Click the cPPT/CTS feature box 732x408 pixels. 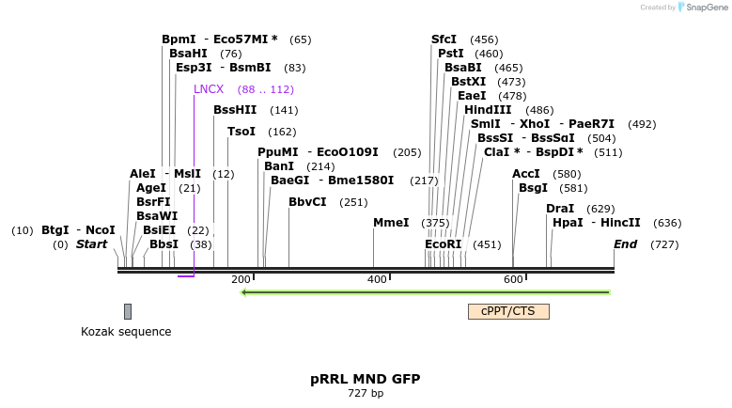[508, 311]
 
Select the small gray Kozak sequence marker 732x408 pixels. [128, 311]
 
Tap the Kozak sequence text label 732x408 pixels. [126, 332]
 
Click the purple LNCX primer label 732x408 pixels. [209, 89]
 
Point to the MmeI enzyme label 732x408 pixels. [391, 223]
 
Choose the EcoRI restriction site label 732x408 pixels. [444, 244]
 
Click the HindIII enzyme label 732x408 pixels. [488, 110]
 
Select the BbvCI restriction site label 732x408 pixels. [307, 201]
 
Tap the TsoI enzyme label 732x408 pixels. [241, 132]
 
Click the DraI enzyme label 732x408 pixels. [560, 209]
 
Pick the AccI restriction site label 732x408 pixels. [526, 174]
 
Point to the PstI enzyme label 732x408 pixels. [451, 54]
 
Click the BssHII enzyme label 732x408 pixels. [235, 110]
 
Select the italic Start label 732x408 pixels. [92, 244]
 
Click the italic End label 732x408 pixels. [625, 244]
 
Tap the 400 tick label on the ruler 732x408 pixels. [377, 279]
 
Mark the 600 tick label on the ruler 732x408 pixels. [513, 279]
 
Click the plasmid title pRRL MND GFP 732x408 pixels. [366, 380]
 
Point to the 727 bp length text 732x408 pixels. [366, 394]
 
